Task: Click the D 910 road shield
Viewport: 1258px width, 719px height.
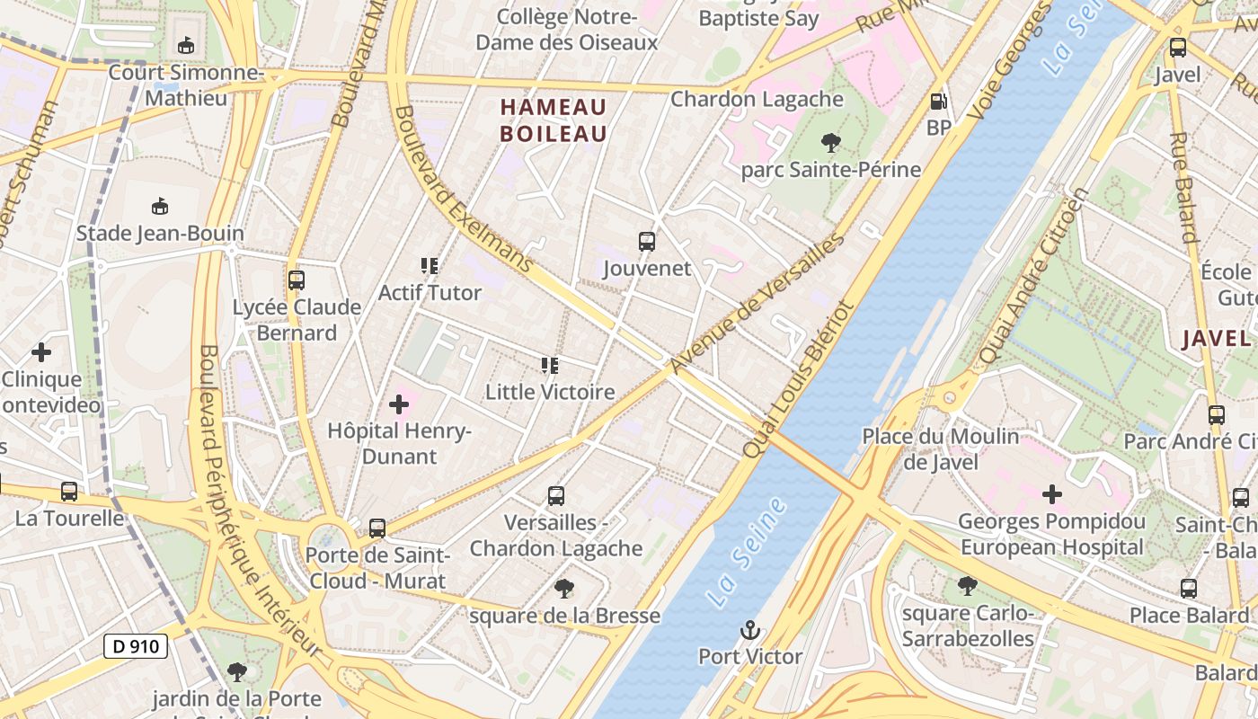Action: [136, 645]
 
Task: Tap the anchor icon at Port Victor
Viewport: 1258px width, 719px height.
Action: [750, 630]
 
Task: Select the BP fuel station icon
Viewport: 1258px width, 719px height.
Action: [938, 102]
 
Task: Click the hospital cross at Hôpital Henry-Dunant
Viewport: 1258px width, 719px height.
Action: [399, 404]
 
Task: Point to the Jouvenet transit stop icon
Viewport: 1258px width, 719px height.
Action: [647, 241]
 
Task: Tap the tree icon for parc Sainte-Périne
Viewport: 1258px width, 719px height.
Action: [830, 142]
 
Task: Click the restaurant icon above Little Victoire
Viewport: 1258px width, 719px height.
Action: [550, 366]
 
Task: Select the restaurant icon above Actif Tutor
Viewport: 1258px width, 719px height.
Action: [430, 266]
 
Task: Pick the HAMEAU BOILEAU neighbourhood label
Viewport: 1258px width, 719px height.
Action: [554, 120]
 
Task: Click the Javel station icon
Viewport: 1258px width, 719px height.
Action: [1177, 48]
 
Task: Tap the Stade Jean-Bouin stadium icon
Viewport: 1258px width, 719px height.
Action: [160, 207]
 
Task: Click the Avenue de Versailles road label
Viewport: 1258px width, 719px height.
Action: [757, 303]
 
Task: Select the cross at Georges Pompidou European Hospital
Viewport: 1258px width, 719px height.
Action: [1051, 493]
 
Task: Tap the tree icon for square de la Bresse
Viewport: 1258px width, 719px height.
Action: [564, 589]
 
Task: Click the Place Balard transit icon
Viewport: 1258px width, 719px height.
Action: [1189, 589]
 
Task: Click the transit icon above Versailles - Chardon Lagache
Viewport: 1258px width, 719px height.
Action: [556, 496]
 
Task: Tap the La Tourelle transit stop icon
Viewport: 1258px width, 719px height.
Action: [69, 492]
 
